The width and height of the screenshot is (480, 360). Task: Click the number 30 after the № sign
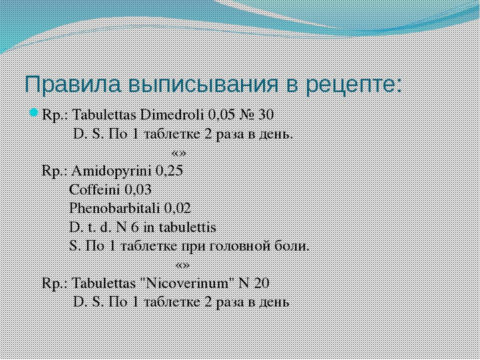(x=265, y=115)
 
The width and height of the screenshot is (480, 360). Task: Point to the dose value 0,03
(x=138, y=190)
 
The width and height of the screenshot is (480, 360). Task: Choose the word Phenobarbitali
(x=115, y=208)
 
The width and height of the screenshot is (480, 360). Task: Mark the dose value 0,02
(x=177, y=208)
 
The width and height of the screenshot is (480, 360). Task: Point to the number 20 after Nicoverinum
(x=261, y=283)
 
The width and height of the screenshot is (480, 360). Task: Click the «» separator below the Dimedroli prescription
(x=179, y=153)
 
